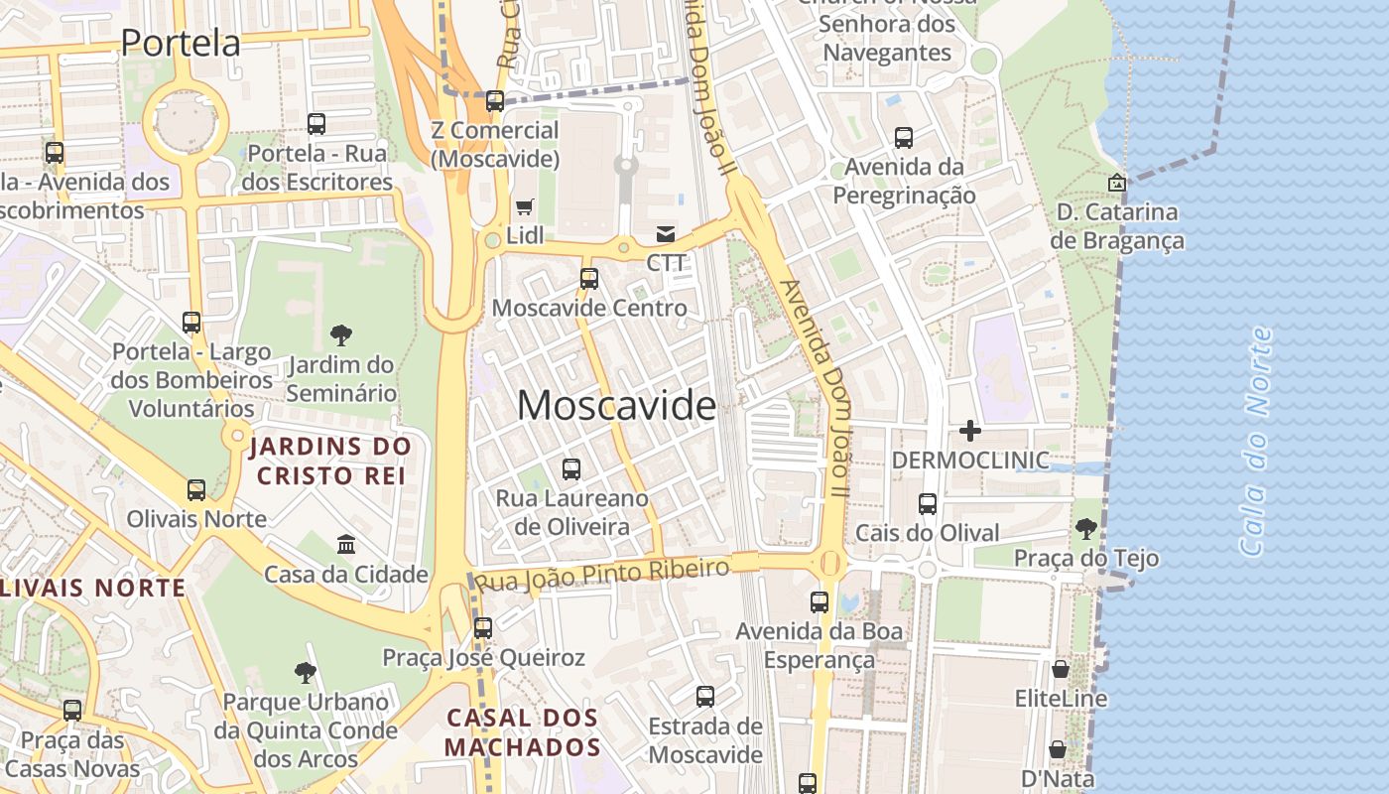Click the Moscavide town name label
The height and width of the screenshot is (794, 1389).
[616, 405]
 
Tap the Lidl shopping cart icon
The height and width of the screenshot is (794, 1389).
[524, 207]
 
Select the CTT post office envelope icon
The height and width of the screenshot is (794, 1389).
[666, 234]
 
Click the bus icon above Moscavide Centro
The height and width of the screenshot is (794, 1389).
[589, 279]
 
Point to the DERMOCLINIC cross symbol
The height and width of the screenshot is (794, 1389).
[970, 431]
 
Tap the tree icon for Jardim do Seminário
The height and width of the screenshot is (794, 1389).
[341, 334]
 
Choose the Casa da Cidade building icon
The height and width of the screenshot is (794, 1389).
[346, 544]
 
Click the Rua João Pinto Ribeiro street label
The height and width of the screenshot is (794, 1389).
[603, 575]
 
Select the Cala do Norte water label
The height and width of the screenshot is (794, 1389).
[1256, 442]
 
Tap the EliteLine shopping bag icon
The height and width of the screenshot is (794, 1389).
[1061, 669]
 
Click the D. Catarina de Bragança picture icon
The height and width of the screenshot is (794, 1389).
[1117, 183]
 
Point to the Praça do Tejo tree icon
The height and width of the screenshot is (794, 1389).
[1086, 528]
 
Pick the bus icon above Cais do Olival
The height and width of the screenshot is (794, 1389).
[928, 504]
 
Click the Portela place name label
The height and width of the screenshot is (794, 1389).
[181, 43]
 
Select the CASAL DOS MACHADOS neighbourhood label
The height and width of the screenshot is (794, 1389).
[523, 732]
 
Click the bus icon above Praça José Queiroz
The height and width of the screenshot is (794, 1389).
[483, 628]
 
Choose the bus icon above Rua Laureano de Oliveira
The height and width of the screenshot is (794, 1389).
[571, 469]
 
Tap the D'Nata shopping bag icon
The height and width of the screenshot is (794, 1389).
[1058, 749]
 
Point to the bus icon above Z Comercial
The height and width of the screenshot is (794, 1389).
[495, 101]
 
